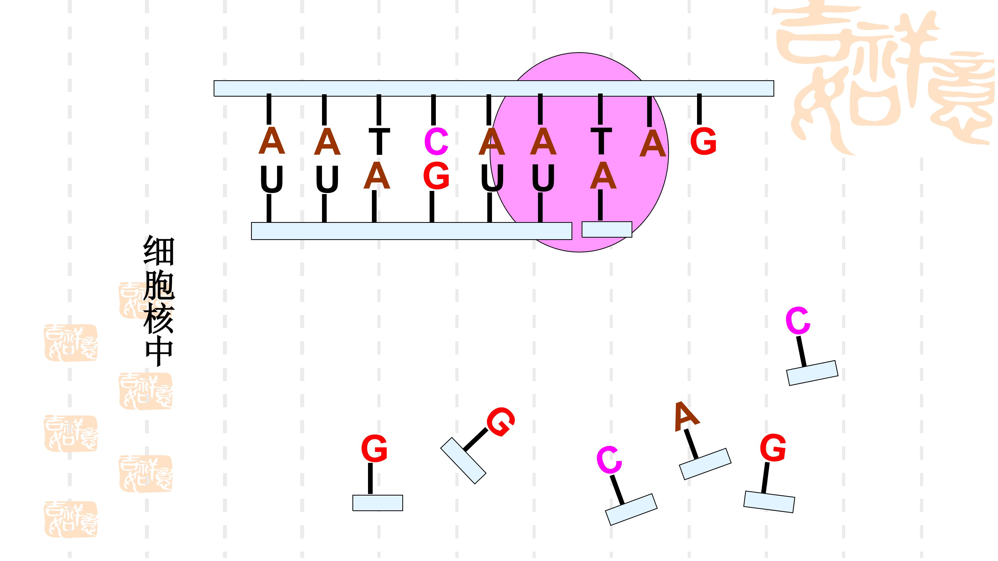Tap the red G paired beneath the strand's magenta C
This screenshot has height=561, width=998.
click(436, 176)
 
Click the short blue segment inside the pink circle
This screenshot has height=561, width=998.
click(607, 230)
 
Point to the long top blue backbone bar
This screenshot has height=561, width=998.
click(494, 88)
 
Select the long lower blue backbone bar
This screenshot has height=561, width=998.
click(411, 231)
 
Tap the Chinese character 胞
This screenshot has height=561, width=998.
click(159, 285)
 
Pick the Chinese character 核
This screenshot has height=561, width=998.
click(159, 319)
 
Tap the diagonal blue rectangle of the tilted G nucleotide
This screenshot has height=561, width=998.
click(463, 461)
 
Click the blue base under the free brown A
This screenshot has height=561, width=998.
click(705, 464)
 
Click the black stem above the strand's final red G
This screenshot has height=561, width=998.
click(699, 109)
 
